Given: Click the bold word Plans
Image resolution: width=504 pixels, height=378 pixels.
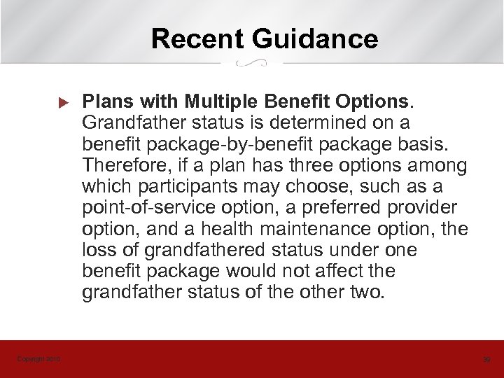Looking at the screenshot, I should click(x=106, y=104).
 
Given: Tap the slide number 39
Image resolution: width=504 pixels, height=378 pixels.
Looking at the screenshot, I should click(x=486, y=360).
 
